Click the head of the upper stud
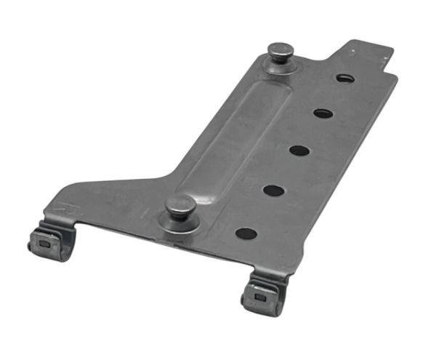pyautogui.click(x=280, y=50)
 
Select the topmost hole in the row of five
pyautogui.click(x=344, y=77)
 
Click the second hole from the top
pyautogui.click(x=323, y=113)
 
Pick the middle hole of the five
pyautogui.click(x=299, y=151)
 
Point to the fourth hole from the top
pyautogui.click(x=273, y=191)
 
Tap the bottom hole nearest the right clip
pyautogui.click(x=246, y=234)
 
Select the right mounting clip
pyautogui.click(x=262, y=295)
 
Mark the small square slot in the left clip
pyautogui.click(x=45, y=245)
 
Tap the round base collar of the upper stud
pyautogui.click(x=280, y=64)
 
